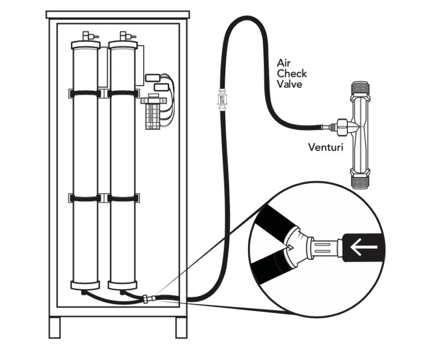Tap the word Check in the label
[x=292, y=74]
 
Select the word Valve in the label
[x=289, y=85]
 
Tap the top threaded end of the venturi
[x=360, y=89]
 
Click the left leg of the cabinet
[x=54, y=327]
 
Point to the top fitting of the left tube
[x=86, y=38]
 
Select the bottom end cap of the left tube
[x=86, y=285]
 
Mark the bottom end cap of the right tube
[x=123, y=285]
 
